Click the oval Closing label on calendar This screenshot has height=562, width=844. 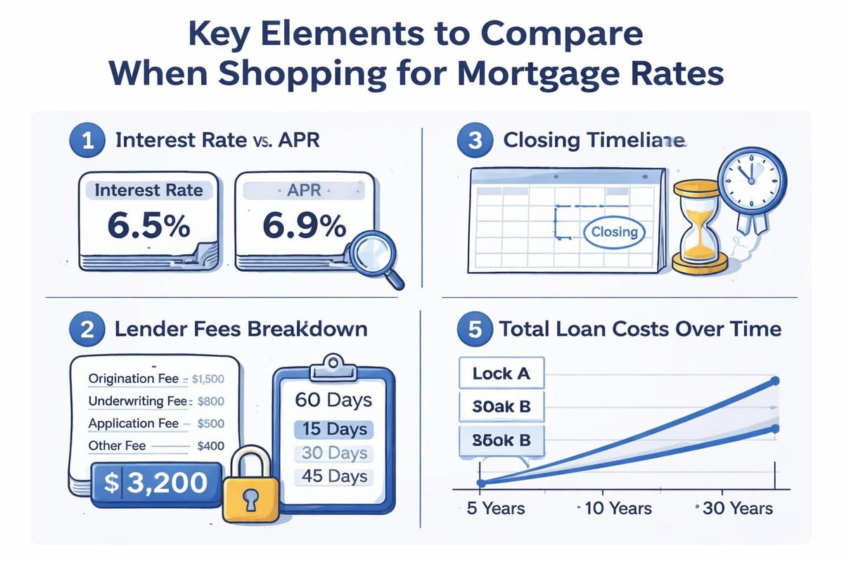(x=614, y=232)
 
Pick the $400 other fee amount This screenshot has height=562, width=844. (x=211, y=445)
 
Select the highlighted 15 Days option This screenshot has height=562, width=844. (x=334, y=429)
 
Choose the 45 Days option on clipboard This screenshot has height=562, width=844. (x=334, y=476)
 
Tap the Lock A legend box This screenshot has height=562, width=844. (x=501, y=374)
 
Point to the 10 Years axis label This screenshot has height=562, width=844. (x=616, y=508)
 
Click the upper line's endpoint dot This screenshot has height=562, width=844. (x=774, y=381)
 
